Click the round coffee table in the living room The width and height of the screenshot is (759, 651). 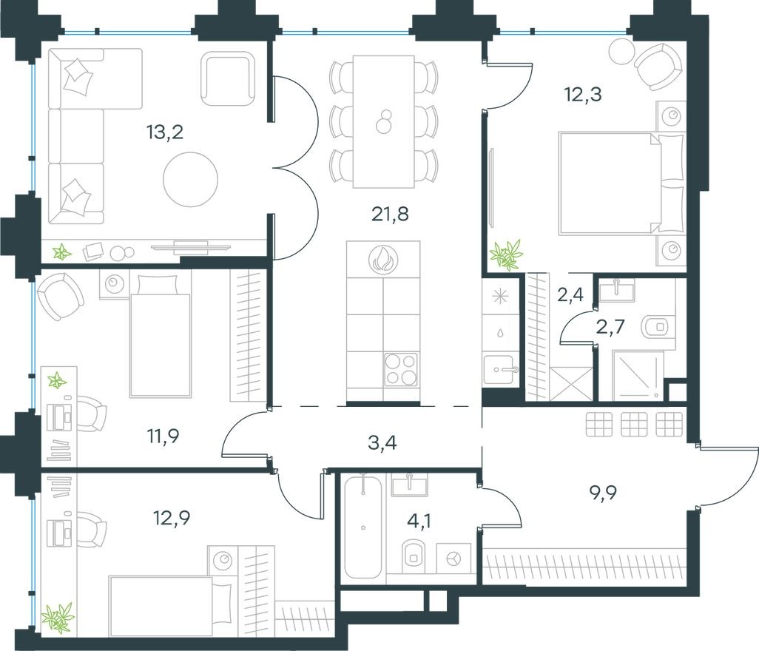coord(191,178)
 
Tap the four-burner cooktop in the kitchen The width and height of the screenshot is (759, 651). coord(401,369)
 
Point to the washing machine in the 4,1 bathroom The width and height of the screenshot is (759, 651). coord(453,557)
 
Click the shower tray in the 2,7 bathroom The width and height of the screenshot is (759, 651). coord(638,376)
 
